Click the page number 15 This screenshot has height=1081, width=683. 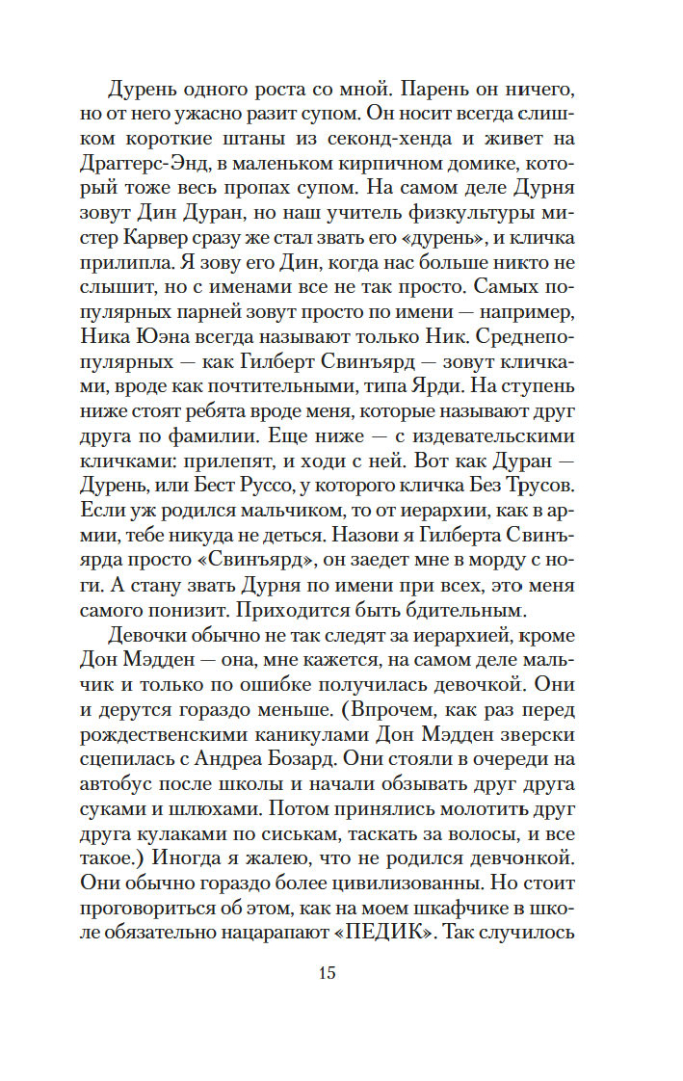click(327, 973)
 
